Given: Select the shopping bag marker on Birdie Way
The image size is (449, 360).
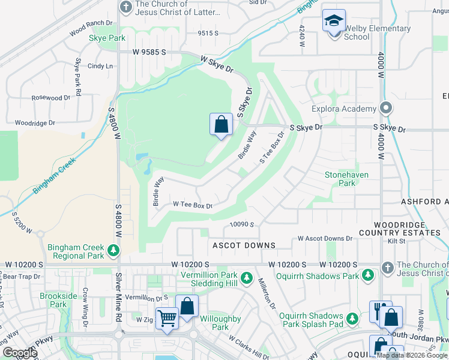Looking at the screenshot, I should [221, 125].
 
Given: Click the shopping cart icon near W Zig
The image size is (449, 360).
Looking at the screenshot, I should [167, 318].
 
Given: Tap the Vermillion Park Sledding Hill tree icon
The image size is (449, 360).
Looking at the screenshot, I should [247, 278].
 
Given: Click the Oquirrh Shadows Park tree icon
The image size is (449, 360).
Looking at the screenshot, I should [367, 275].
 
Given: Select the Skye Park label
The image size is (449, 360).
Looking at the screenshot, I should [107, 38].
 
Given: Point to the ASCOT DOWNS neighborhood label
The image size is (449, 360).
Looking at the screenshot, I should [244, 245].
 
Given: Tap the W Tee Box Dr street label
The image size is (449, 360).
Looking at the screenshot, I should [193, 205].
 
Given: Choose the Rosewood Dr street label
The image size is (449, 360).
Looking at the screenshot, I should [51, 98].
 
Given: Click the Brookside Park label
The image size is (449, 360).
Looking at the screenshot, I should [58, 300].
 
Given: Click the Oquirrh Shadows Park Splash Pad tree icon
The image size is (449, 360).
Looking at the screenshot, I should [354, 319].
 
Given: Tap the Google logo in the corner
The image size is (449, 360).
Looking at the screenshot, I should [20, 353].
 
